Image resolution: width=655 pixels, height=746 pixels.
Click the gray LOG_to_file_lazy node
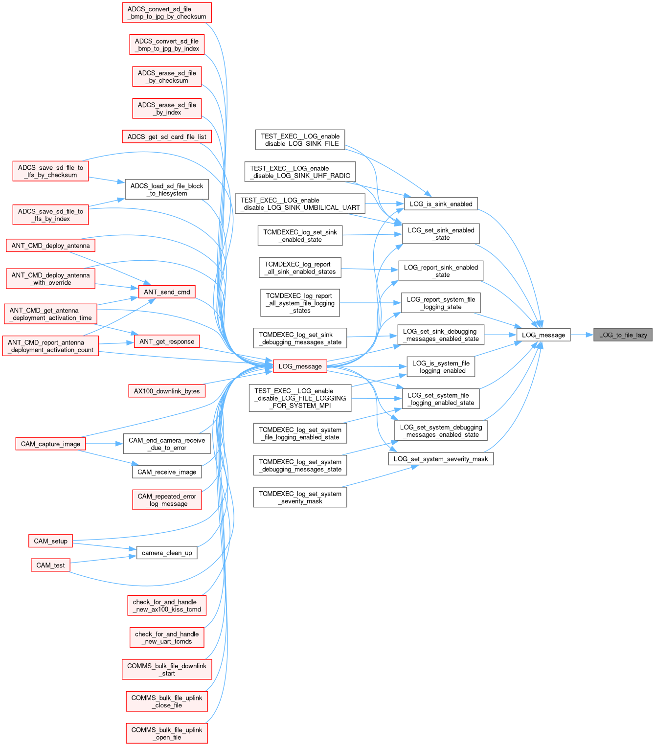623,335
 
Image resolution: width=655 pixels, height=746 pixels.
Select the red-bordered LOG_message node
300,366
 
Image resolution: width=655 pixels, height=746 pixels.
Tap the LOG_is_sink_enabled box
441,204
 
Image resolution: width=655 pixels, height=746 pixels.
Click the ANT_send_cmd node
167,292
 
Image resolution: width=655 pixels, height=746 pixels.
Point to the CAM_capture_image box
50,444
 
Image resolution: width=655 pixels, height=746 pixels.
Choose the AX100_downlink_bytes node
167,391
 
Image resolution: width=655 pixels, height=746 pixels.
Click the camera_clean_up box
167,553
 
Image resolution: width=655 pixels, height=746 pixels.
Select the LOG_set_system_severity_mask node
441,459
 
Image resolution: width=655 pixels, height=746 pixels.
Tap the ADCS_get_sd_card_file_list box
167,136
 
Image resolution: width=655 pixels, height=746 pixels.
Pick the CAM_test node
50,565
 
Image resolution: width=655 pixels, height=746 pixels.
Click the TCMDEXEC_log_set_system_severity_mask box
300,497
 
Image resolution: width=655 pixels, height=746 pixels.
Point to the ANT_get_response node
167,341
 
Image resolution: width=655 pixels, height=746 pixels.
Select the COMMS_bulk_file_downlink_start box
167,669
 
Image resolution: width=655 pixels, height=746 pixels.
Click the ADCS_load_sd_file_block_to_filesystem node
167,189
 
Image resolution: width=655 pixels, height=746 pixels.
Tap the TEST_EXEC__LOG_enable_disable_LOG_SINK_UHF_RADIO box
300,172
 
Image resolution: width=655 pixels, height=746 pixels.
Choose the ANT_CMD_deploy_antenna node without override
50,246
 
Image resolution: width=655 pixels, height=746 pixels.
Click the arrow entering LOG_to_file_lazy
582,335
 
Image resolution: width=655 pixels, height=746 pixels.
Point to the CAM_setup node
50,541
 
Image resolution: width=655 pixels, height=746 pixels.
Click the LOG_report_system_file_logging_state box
441,303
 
